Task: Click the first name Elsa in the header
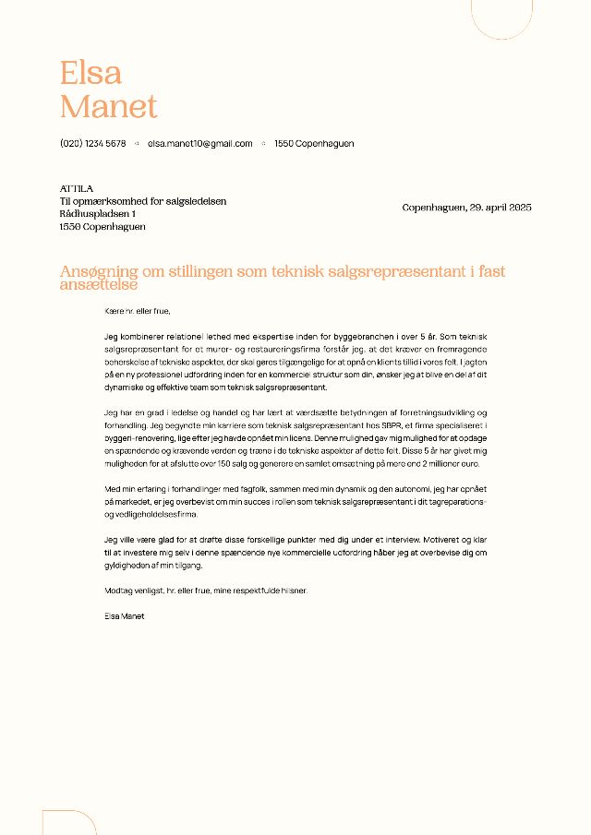click(x=90, y=72)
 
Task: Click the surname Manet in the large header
click(x=108, y=106)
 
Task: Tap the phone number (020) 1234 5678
click(x=92, y=144)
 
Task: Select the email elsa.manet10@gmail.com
click(x=200, y=144)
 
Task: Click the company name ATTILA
click(x=76, y=188)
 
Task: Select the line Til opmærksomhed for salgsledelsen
click(x=143, y=201)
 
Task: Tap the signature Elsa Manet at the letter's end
click(x=126, y=614)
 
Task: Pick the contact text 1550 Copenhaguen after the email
click(x=314, y=144)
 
